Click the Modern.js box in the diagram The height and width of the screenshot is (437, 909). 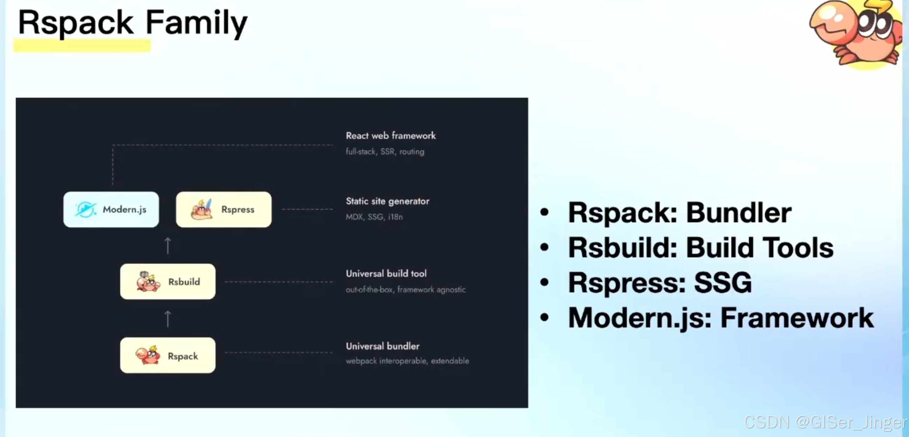coord(111,209)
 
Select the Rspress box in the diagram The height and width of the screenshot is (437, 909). coord(224,209)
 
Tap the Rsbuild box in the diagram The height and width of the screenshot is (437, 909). coord(168,282)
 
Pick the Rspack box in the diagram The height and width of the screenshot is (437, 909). coord(168,355)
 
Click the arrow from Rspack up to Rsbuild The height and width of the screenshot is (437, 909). coord(168,319)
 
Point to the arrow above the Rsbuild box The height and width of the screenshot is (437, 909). coord(168,246)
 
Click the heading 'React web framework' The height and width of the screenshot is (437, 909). coord(391,136)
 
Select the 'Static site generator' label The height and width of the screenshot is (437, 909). coord(388,201)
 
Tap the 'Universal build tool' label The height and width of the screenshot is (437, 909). coord(386,274)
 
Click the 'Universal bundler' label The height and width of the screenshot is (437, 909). coord(383,346)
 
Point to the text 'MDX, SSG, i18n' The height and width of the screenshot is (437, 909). coord(374,217)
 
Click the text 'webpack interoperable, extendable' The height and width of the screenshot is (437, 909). coord(407,361)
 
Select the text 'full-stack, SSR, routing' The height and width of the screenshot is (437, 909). coord(385,152)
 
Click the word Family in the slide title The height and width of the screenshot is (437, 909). coord(196,23)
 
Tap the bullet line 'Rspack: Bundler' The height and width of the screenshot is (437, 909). coord(679,213)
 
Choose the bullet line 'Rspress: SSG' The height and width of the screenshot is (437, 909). coord(659,283)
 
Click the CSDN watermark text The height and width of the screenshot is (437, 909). coord(825,422)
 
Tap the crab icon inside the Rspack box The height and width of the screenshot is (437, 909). coord(148,355)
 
